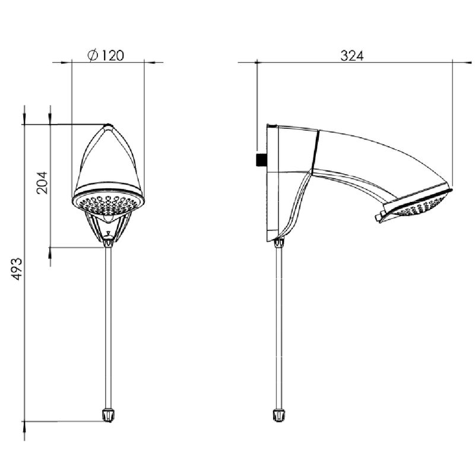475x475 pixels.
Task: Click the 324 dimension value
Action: (x=351, y=56)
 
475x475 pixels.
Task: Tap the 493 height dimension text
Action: (x=17, y=269)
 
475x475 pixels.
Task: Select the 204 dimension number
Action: (x=42, y=183)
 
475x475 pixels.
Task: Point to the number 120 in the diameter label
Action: (x=112, y=56)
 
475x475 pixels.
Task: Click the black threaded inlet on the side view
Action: (x=261, y=160)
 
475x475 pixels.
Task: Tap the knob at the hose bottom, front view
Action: (x=108, y=415)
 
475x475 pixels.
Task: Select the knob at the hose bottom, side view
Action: (x=279, y=415)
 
